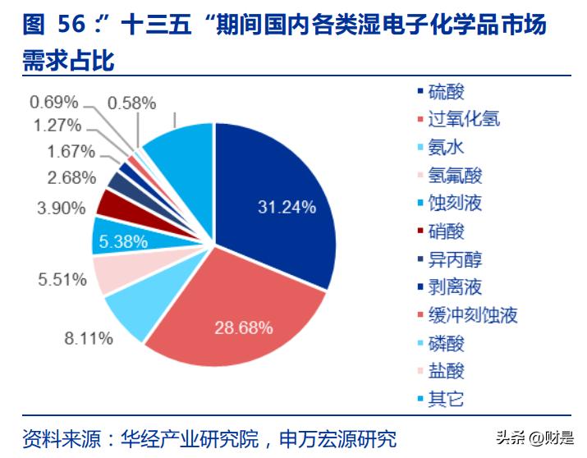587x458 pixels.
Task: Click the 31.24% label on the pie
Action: [x=287, y=208]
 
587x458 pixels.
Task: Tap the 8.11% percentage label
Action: [x=88, y=338]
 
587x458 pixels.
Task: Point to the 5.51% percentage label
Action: [x=62, y=279]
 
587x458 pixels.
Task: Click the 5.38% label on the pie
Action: [x=122, y=241]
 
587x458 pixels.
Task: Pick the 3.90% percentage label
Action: [x=61, y=208]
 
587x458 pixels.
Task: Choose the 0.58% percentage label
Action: [x=131, y=103]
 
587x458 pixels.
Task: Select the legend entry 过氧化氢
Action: [x=463, y=119]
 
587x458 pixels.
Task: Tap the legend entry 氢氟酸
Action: [x=455, y=175]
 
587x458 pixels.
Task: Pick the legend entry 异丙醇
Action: [x=455, y=259]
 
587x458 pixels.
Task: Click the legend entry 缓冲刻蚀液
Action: [x=472, y=315]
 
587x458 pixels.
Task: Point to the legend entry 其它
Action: [x=446, y=399]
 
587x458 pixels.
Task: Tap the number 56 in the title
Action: [x=72, y=25]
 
